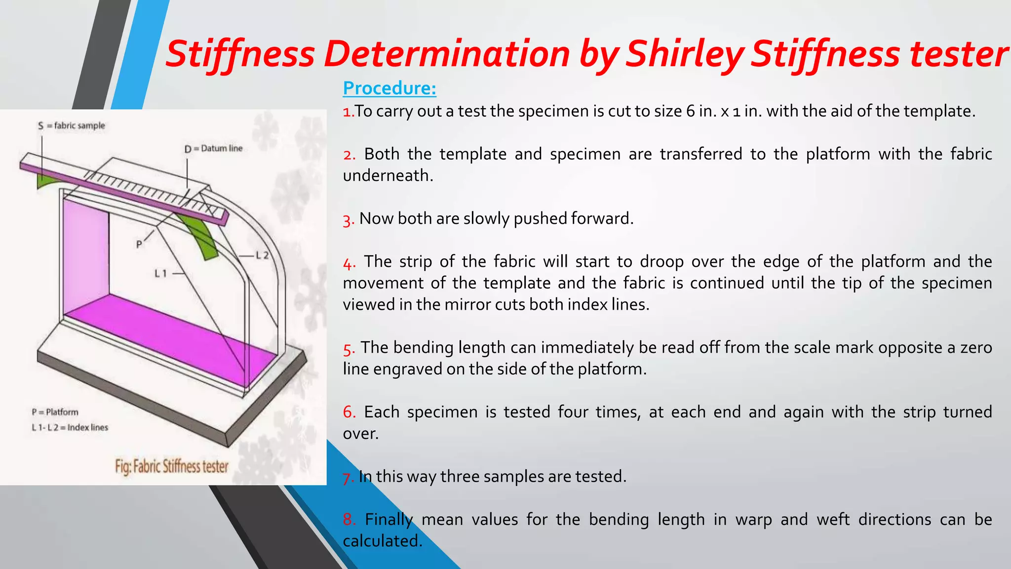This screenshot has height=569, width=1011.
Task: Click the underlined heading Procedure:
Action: (389, 88)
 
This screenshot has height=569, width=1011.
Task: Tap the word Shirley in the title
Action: (685, 53)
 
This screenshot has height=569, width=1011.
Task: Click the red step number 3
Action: (348, 220)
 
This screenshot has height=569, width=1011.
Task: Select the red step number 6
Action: (349, 412)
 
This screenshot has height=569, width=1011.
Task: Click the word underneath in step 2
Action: (388, 176)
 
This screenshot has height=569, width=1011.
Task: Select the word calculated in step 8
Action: (382, 541)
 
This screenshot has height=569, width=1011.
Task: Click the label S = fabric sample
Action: (72, 125)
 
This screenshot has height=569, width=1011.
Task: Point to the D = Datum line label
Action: (213, 148)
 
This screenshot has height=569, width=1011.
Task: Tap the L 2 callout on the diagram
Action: (262, 255)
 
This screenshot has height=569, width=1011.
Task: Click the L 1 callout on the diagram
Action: (161, 273)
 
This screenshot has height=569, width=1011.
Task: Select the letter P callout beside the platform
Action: (139, 244)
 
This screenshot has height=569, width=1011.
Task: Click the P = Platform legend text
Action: (55, 412)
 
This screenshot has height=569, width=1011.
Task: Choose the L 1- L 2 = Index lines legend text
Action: (70, 427)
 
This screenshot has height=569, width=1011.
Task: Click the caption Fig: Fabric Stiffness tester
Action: (171, 466)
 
